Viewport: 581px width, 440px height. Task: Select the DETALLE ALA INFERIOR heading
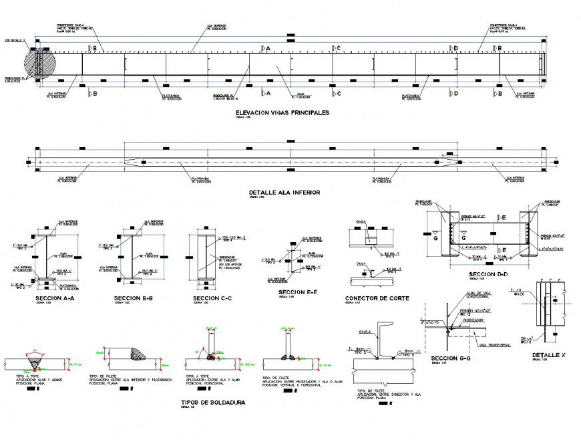284,192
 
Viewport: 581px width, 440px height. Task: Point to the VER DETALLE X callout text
14,40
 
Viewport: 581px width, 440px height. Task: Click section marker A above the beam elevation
264,49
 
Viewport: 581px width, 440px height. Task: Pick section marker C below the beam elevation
335,93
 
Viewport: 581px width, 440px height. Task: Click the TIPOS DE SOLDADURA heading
213,403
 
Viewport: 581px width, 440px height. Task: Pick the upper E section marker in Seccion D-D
502,218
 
